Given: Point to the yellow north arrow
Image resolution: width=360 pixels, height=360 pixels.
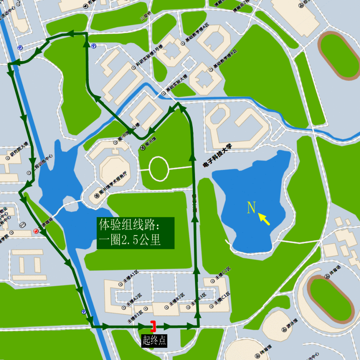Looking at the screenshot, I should pyautogui.click(x=264, y=219).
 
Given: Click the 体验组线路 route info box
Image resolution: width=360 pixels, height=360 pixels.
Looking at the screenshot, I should pyautogui.click(x=135, y=233).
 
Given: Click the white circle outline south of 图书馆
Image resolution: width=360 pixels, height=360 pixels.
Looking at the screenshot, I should pyautogui.click(x=159, y=168).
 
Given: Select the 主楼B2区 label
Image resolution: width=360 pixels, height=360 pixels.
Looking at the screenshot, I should pyautogui.click(x=177, y=300).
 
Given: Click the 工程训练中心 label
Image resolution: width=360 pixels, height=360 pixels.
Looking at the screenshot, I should pyautogui.click(x=43, y=163).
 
